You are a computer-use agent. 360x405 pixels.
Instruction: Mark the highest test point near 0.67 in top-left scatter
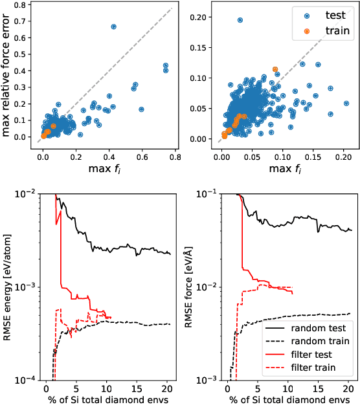[x=113, y=27]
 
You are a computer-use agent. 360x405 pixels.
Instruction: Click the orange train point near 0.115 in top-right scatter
[x=275, y=69]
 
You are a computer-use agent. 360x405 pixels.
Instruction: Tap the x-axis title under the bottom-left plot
[x=107, y=398]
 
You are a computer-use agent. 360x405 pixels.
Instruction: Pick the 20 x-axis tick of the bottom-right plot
[x=348, y=388]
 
